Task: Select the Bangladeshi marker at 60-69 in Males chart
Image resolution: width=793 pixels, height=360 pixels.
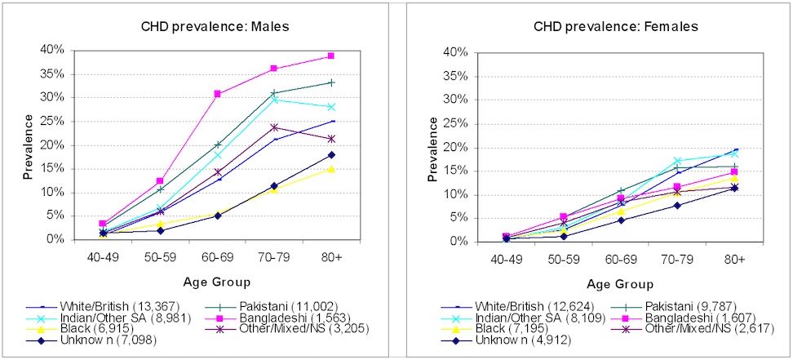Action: [x=218, y=94]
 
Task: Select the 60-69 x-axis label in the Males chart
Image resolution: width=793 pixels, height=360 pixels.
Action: [x=217, y=256]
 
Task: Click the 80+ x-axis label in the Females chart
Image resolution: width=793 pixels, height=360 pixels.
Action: [x=733, y=259]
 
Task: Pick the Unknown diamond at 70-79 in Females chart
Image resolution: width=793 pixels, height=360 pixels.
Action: [x=676, y=205]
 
